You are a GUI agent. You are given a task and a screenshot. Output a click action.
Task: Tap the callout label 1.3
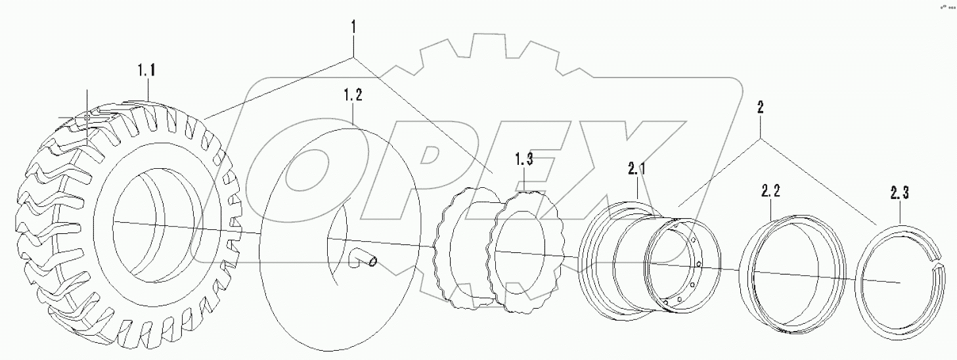[523, 158]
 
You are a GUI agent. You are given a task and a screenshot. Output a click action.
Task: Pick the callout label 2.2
[770, 191]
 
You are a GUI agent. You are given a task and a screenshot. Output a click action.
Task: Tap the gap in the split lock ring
[941, 261]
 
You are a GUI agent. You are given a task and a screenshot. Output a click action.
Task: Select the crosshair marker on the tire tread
[86, 117]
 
